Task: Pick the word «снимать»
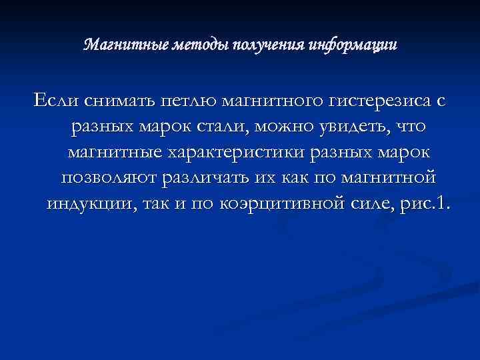118,102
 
